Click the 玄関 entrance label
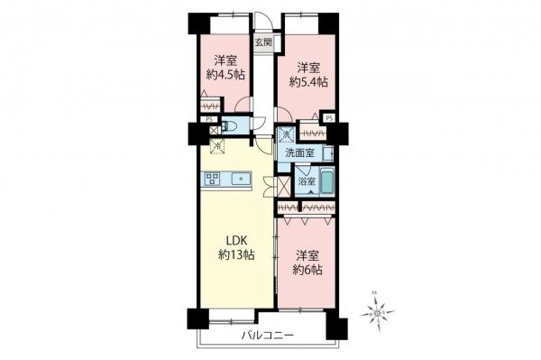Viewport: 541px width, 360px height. pos(263,42)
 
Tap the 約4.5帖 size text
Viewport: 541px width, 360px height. pos(228,75)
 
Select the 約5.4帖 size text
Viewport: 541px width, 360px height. pos(308,81)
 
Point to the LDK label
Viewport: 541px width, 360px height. pos(235,241)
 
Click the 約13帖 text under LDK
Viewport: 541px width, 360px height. pos(235,255)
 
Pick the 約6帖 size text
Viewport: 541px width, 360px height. pos(308,270)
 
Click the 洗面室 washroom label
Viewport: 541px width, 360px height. pos(300,153)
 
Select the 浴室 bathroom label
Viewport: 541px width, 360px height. pos(306,181)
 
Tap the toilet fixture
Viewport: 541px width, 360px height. pos(230,125)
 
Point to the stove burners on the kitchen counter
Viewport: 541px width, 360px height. pos(214,177)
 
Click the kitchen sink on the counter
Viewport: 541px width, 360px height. pos(244,179)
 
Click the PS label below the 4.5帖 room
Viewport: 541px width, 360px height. pos(207,118)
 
